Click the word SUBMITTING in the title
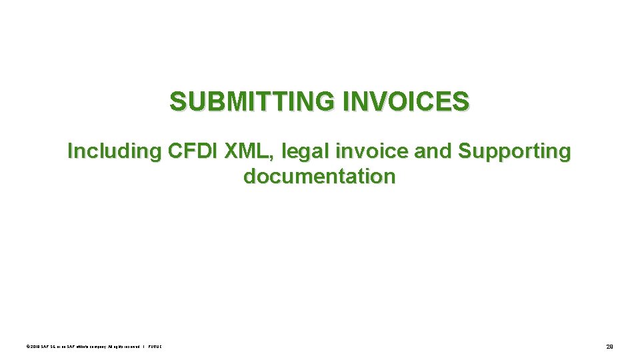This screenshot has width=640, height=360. [x=253, y=102]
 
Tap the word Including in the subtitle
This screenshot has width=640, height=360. [x=114, y=151]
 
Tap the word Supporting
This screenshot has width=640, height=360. [x=514, y=151]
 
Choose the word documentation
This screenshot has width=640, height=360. [x=319, y=177]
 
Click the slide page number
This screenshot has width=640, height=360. [x=609, y=346]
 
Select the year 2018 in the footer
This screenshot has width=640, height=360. [x=33, y=346]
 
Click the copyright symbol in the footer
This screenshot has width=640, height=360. [x=26, y=346]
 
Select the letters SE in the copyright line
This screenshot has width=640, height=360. [x=49, y=346]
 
